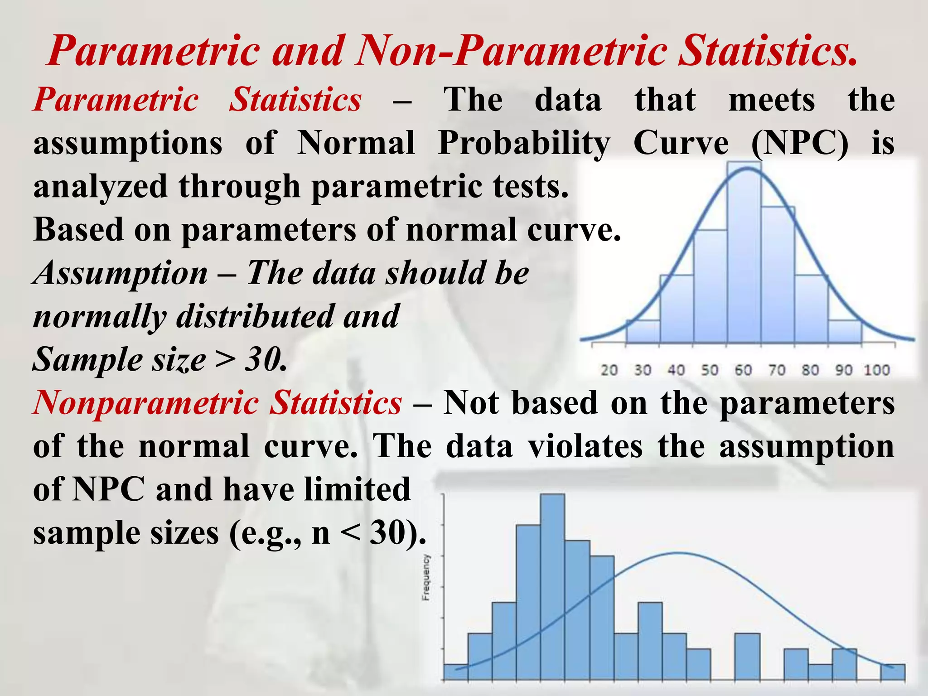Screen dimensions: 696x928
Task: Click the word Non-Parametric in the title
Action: click(x=512, y=51)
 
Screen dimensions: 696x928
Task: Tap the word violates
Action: click(x=585, y=446)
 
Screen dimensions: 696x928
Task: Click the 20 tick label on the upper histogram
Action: click(x=609, y=370)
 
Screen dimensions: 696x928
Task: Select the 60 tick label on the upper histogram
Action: click(x=743, y=370)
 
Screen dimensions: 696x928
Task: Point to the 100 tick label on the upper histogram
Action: click(x=877, y=370)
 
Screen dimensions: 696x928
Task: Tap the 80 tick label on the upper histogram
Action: click(x=810, y=370)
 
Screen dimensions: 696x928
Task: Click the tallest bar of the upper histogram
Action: click(x=744, y=254)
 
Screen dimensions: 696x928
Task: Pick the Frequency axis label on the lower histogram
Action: click(x=426, y=577)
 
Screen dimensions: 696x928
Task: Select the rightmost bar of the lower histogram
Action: click(x=893, y=672)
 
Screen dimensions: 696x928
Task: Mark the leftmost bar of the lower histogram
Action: click(x=455, y=672)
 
